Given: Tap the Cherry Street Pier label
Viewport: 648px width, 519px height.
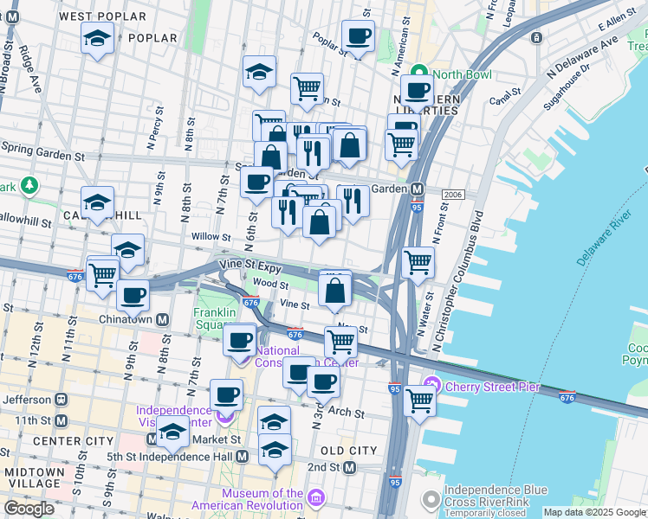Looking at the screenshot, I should tap(493, 386).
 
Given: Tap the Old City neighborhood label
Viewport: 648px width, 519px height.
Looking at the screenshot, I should tap(348, 451).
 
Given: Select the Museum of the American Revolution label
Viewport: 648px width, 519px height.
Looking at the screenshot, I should tap(262, 499).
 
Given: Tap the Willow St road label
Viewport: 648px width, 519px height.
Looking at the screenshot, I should tap(211, 236).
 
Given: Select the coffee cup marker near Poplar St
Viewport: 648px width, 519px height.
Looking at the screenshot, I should tap(358, 36).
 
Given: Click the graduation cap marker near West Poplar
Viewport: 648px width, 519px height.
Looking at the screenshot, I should tap(97, 38).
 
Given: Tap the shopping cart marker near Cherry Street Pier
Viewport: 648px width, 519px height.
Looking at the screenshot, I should tap(419, 400).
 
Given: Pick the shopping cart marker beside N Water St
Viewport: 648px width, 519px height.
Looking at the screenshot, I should tap(418, 260).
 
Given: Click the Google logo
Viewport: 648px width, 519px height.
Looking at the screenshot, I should tap(29, 509).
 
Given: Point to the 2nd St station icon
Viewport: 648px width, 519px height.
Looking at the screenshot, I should tap(350, 468).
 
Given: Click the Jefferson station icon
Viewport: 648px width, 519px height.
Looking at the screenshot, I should tap(61, 400).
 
